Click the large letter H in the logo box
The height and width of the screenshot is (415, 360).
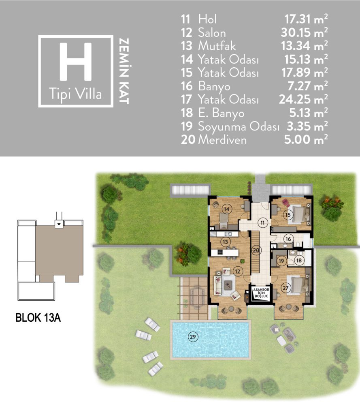76,62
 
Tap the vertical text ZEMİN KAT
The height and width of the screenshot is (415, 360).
124,71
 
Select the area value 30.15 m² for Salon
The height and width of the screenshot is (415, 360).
304,32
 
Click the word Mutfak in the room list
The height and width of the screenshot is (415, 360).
217,46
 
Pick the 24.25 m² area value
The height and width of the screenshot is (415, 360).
303,99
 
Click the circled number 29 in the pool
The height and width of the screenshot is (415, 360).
193,337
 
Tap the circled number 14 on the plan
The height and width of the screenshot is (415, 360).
227,209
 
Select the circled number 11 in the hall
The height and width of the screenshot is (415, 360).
262,222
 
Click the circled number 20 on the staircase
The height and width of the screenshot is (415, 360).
256,250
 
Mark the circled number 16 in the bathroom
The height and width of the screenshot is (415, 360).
288,239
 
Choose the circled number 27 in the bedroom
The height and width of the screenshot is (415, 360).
285,288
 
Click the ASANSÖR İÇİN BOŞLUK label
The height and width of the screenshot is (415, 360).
261,293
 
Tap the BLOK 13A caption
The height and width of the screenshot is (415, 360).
38,318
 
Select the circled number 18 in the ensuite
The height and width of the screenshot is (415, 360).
299,261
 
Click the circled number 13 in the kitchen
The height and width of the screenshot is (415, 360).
226,242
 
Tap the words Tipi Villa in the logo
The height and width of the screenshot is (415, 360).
75,94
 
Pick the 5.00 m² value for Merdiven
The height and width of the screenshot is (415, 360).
306,139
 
